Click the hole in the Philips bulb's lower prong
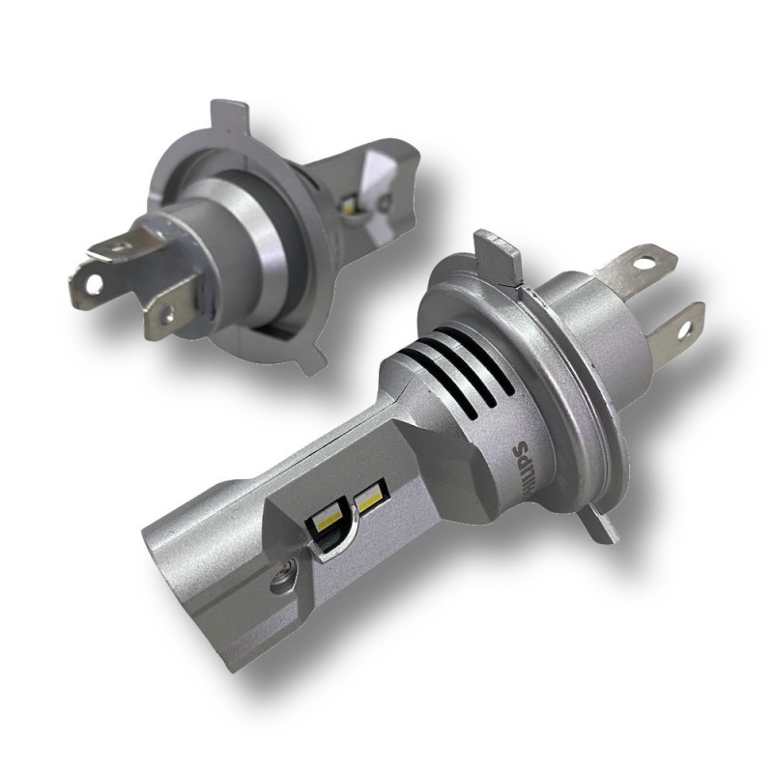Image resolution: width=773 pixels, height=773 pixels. click(685, 329)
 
